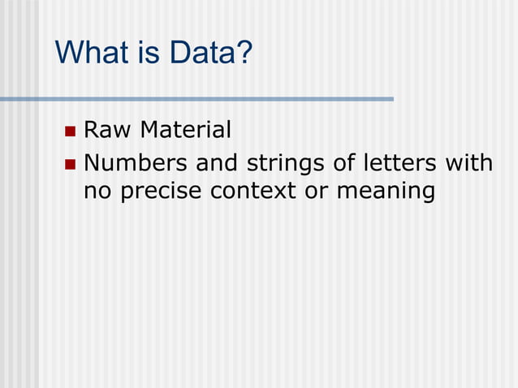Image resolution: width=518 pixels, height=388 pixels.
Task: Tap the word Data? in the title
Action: [209, 54]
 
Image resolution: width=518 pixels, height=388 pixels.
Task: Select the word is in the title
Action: [148, 54]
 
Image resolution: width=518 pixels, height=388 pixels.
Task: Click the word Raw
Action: [108, 130]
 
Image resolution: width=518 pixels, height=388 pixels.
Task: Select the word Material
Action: [186, 130]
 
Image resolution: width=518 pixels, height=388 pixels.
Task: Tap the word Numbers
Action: [134, 164]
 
